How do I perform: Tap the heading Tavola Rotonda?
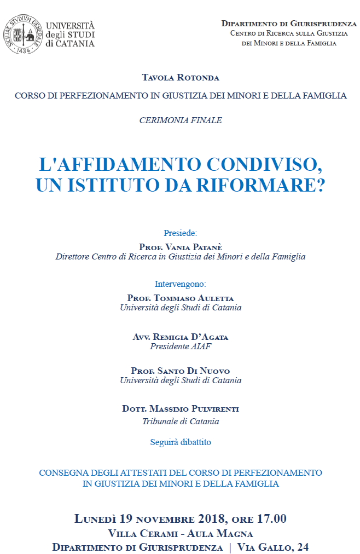tap(181, 78)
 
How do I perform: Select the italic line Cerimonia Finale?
tap(181, 120)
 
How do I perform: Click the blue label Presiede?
tap(181, 233)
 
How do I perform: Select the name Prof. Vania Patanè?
tap(181, 247)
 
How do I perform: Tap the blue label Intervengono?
tap(181, 284)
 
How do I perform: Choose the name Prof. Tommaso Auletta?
tap(181, 298)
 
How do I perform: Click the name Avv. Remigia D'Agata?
tap(181, 337)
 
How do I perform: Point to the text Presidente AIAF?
tap(181, 346)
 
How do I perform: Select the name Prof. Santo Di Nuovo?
tap(181, 371)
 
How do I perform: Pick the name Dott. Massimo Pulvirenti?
tap(181, 409)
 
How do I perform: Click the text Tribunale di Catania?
tap(181, 421)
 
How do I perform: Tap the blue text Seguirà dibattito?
tap(181, 442)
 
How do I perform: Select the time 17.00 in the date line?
tap(268, 519)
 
